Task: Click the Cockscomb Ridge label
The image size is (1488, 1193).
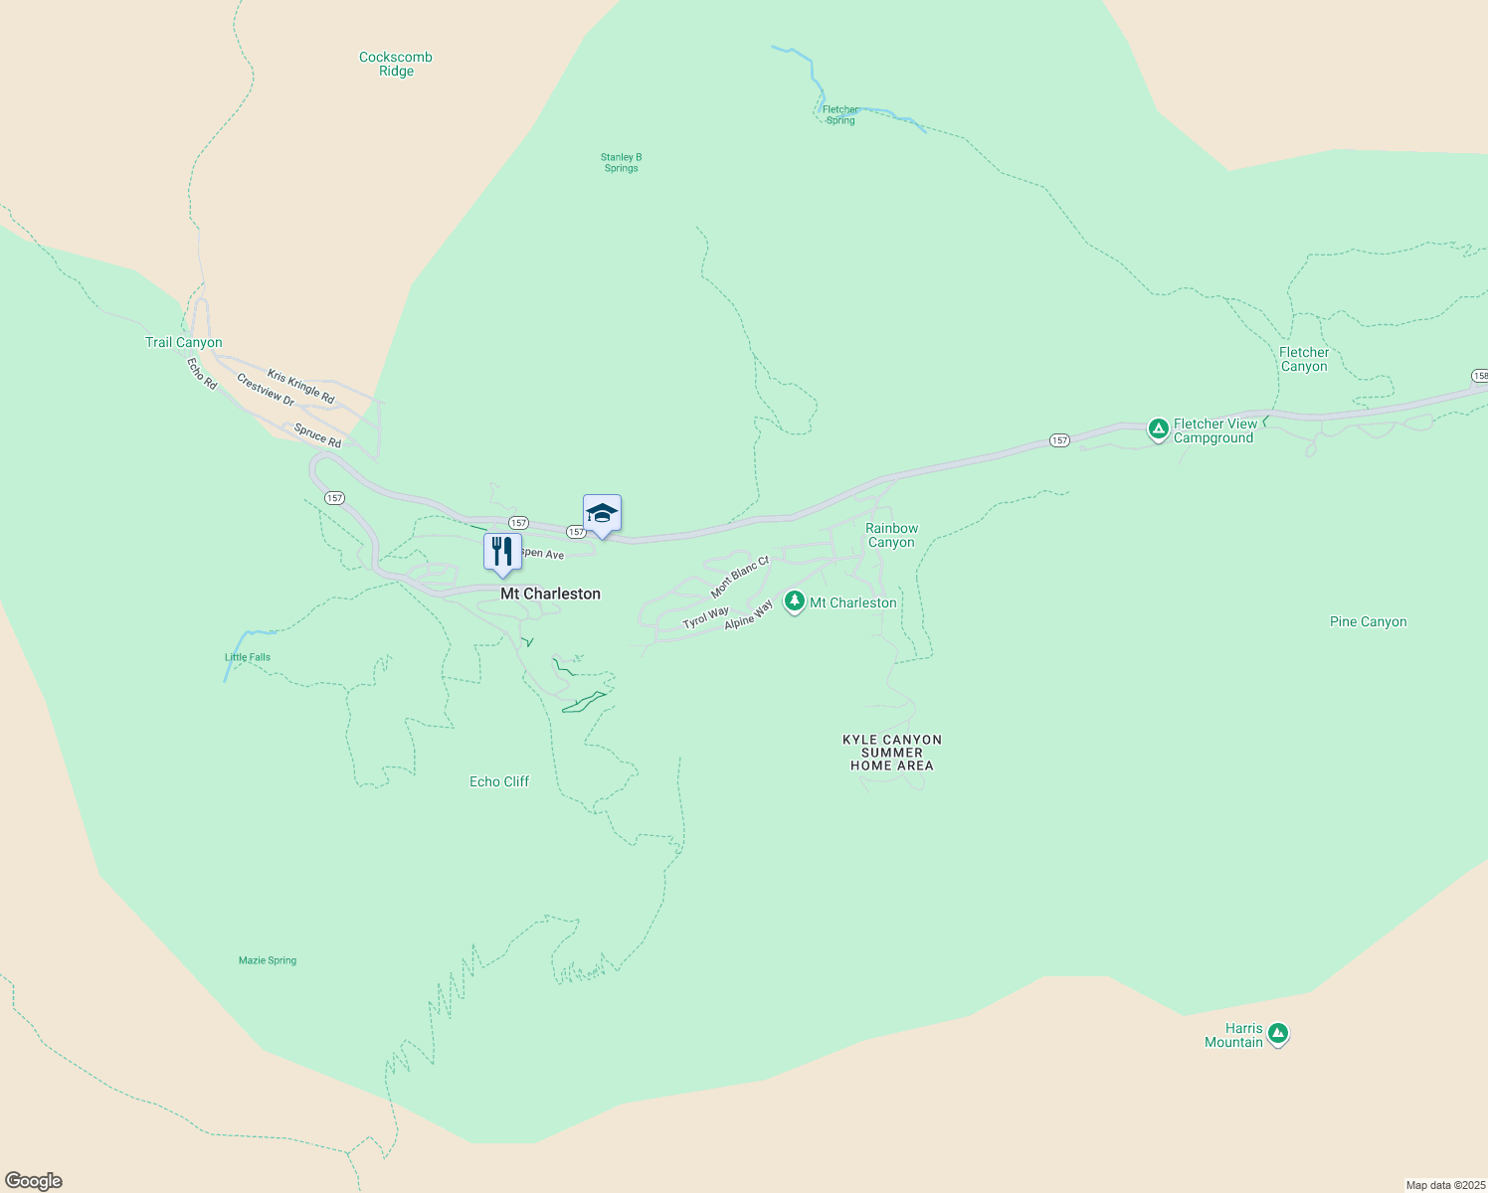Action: pyautogui.click(x=396, y=64)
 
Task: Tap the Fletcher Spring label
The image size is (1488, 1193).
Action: pyautogui.click(x=840, y=115)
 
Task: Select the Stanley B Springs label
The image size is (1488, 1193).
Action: pyautogui.click(x=621, y=162)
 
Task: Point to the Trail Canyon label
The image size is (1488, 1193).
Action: pyautogui.click(x=184, y=342)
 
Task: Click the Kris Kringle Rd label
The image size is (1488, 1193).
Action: pyautogui.click(x=300, y=387)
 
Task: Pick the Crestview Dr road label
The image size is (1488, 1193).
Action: pyautogui.click(x=266, y=390)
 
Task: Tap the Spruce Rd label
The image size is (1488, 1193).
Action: pyautogui.click(x=317, y=435)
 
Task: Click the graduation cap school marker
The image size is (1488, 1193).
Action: pyautogui.click(x=602, y=513)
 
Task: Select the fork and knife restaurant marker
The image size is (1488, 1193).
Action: pyautogui.click(x=502, y=552)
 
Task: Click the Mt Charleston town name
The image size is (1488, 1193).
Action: pyautogui.click(x=550, y=594)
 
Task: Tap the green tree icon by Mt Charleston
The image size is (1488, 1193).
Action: pyautogui.click(x=794, y=601)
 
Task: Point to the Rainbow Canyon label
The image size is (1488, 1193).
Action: pyautogui.click(x=891, y=535)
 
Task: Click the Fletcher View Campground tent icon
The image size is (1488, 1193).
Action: pyautogui.click(x=1158, y=429)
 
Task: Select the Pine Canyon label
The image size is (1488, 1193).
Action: pyautogui.click(x=1368, y=621)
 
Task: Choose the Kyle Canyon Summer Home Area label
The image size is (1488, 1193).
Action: pyautogui.click(x=892, y=753)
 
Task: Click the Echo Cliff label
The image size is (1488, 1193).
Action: pyautogui.click(x=499, y=781)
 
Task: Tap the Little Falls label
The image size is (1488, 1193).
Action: pyautogui.click(x=248, y=657)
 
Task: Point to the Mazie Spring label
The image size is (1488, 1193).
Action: pyautogui.click(x=268, y=960)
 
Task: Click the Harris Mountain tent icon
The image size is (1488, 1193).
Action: pyautogui.click(x=1278, y=1034)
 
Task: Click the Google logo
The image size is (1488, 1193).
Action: pyautogui.click(x=34, y=1181)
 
